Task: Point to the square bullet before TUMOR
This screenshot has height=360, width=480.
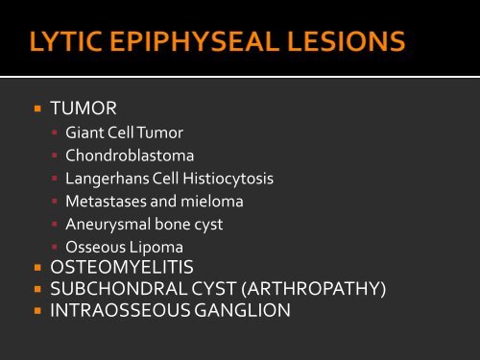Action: click(x=36, y=110)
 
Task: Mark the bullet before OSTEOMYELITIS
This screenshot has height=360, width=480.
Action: click(x=36, y=268)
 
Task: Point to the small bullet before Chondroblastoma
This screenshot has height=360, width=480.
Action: click(x=56, y=156)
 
